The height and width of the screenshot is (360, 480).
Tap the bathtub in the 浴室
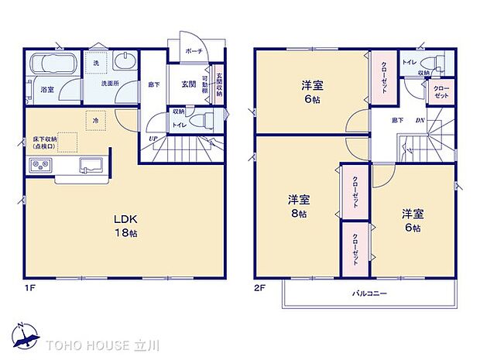tap(50, 65)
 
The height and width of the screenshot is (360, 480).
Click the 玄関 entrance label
tap(188, 83)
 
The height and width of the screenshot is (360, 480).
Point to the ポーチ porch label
tap(194, 51)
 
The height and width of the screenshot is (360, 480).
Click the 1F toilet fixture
tap(201, 120)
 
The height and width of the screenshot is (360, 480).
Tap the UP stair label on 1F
tap(153, 139)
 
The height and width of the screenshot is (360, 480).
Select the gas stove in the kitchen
tap(39, 164)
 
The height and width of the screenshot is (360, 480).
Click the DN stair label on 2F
tap(419, 120)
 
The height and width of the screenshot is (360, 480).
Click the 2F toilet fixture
tap(438, 61)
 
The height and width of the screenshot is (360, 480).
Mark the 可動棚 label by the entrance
tap(204, 84)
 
